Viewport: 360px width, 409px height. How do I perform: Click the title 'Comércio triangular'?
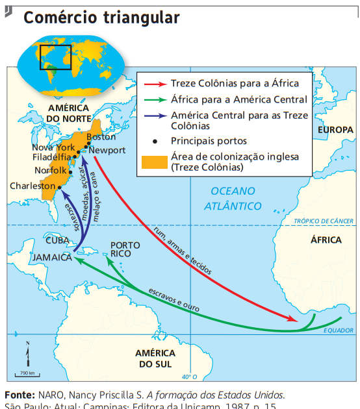[x=101, y=18]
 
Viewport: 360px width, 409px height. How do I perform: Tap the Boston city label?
[x=101, y=137]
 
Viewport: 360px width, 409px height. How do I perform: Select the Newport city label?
[x=108, y=150]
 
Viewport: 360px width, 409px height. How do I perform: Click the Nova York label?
[x=53, y=147]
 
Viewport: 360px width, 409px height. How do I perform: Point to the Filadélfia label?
[x=52, y=157]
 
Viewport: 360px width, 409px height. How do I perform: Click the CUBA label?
[x=57, y=240]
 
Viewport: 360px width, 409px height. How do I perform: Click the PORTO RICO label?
[x=125, y=249]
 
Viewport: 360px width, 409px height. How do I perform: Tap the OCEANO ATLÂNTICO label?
[x=233, y=198]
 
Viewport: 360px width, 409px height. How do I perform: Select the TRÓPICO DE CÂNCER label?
[x=324, y=221]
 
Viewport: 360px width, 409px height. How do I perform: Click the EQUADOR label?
[x=339, y=330]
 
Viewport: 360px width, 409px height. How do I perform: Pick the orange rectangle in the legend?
[x=153, y=162]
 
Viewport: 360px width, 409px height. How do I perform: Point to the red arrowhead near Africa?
[x=294, y=319]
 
